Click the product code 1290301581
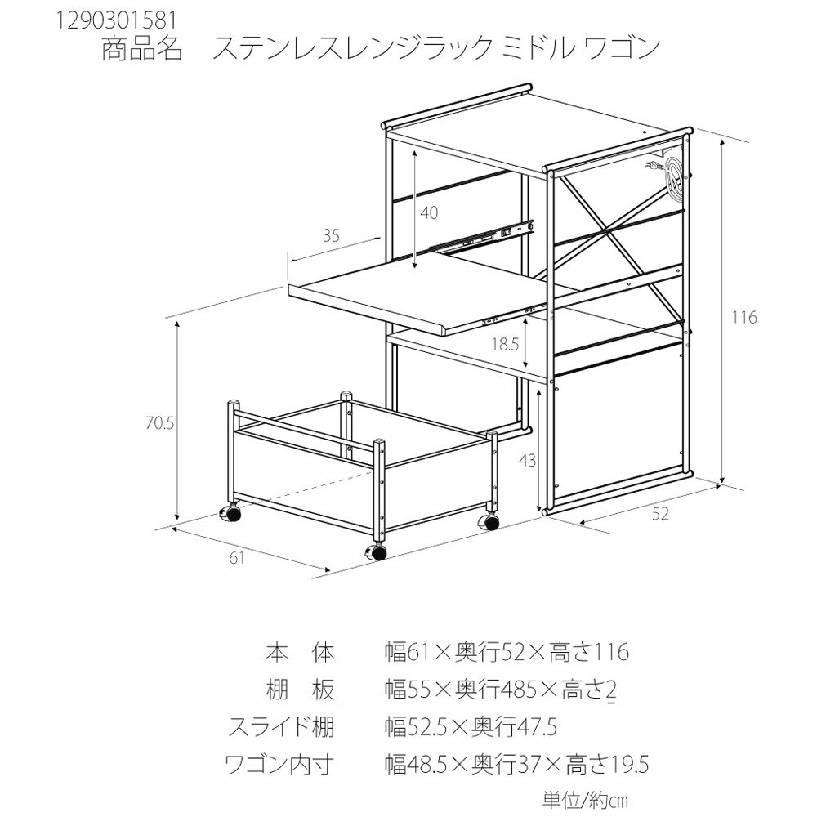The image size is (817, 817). pyautogui.click(x=115, y=20)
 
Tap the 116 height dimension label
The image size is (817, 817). pyautogui.click(x=743, y=317)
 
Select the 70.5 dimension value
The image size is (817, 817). pyautogui.click(x=160, y=423)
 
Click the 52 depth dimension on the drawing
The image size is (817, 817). pyautogui.click(x=660, y=514)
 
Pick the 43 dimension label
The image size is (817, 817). pyautogui.click(x=528, y=460)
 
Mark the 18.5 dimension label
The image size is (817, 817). pyautogui.click(x=506, y=345)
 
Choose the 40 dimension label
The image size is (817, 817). pyautogui.click(x=429, y=212)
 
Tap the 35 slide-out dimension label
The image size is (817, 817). pyautogui.click(x=331, y=235)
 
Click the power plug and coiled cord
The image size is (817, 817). pyautogui.click(x=666, y=175)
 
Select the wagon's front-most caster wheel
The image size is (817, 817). pyautogui.click(x=377, y=551)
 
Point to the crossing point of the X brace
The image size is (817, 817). pyautogui.click(x=608, y=230)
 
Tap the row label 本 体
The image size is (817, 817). pyautogui.click(x=300, y=652)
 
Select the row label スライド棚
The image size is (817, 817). pyautogui.click(x=281, y=727)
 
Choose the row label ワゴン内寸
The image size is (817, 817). pyautogui.click(x=279, y=765)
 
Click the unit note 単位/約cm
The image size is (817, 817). pyautogui.click(x=585, y=801)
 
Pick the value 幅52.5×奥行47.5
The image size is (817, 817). pyautogui.click(x=471, y=727)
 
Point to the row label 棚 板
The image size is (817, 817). pyautogui.click(x=300, y=690)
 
